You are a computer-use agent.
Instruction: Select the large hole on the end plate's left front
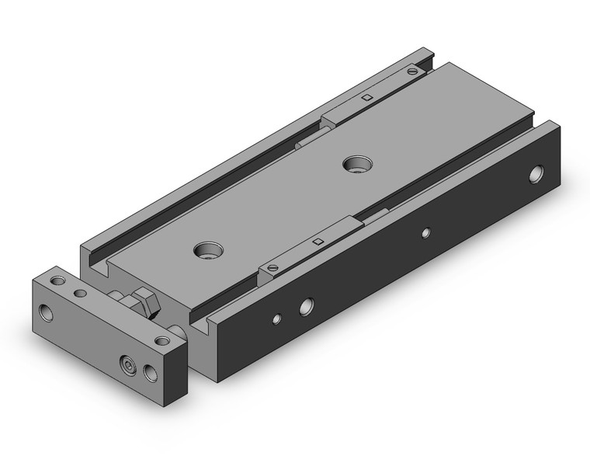tap(49, 313)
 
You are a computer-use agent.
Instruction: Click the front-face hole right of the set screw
tap(150, 374)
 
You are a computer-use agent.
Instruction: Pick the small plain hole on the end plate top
tap(79, 294)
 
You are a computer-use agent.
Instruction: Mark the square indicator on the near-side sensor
tap(317, 243)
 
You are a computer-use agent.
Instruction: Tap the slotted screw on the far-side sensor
tap(411, 72)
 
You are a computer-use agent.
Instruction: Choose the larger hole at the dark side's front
tap(307, 305)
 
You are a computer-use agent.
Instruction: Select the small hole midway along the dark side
tap(425, 231)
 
